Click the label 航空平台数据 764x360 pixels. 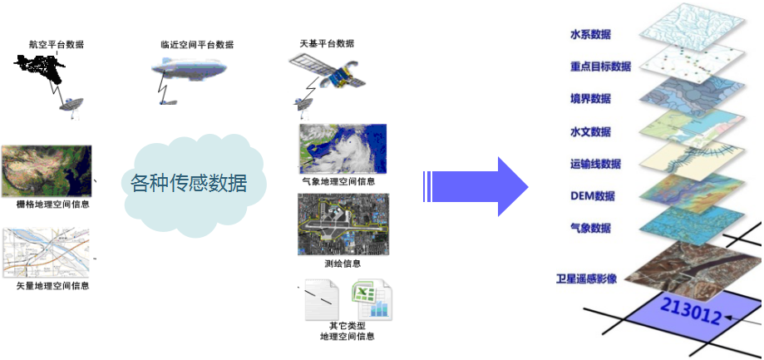(57, 45)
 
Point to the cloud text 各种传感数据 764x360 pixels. (189, 183)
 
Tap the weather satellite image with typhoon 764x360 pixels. (343, 149)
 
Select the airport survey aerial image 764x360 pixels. (343, 224)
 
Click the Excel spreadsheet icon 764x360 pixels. (372, 299)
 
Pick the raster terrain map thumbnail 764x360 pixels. (47, 171)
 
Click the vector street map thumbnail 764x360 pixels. (47, 253)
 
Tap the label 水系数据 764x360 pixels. (590, 35)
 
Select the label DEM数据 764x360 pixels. (592, 196)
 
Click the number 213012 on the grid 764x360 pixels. (691, 311)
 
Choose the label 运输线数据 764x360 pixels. (595, 164)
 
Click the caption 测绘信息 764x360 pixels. (343, 264)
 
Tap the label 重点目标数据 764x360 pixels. (600, 67)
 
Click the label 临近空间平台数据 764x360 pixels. (197, 45)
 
